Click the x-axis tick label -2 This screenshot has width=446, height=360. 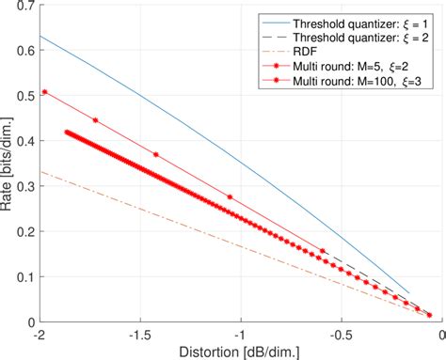[40, 335]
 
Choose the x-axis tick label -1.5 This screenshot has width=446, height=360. [139, 335]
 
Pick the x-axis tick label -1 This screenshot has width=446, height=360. [240, 335]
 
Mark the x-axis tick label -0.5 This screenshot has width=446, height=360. [341, 335]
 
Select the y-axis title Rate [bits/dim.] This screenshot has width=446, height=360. [8, 165]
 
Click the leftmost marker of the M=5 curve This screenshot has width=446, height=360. [45, 92]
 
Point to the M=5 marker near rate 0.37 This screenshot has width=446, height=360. [156, 154]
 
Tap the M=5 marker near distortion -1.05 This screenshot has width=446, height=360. [230, 196]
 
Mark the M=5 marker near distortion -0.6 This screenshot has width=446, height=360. [323, 251]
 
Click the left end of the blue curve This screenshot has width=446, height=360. [40, 37]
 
